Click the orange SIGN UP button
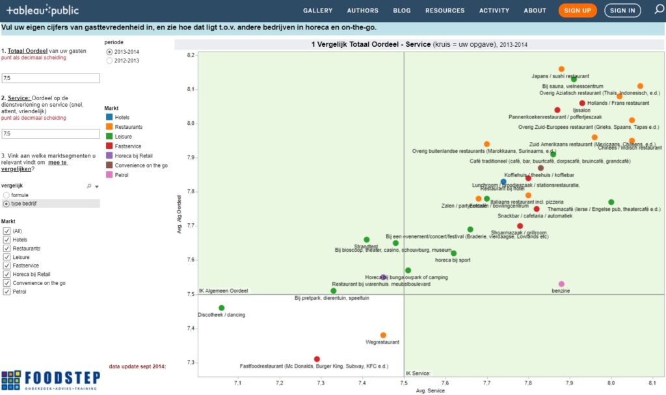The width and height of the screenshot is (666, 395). click(x=578, y=10)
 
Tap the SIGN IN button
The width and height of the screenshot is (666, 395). click(x=622, y=10)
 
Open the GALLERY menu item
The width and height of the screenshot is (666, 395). click(x=317, y=10)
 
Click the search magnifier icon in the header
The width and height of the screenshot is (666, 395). click(x=658, y=10)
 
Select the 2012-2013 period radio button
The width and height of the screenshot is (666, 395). click(x=109, y=61)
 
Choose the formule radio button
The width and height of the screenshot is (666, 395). click(x=7, y=195)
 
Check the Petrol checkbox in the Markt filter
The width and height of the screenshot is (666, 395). click(x=7, y=292)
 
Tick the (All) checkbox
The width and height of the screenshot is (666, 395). click(x=7, y=232)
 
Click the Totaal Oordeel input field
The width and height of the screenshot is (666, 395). click(x=51, y=78)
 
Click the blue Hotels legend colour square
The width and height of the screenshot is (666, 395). click(x=109, y=118)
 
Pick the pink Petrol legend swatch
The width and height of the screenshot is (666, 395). click(x=109, y=176)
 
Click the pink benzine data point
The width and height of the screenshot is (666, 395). click(x=561, y=284)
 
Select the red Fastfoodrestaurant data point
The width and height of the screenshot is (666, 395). click(x=317, y=359)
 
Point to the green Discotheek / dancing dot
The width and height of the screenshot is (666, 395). click(x=222, y=308)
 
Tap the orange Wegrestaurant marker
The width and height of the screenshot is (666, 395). click(x=383, y=335)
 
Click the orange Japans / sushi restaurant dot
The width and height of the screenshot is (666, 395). click(x=561, y=69)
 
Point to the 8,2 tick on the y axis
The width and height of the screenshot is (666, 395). click(x=191, y=55)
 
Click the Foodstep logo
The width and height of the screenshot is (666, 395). click(x=50, y=380)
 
